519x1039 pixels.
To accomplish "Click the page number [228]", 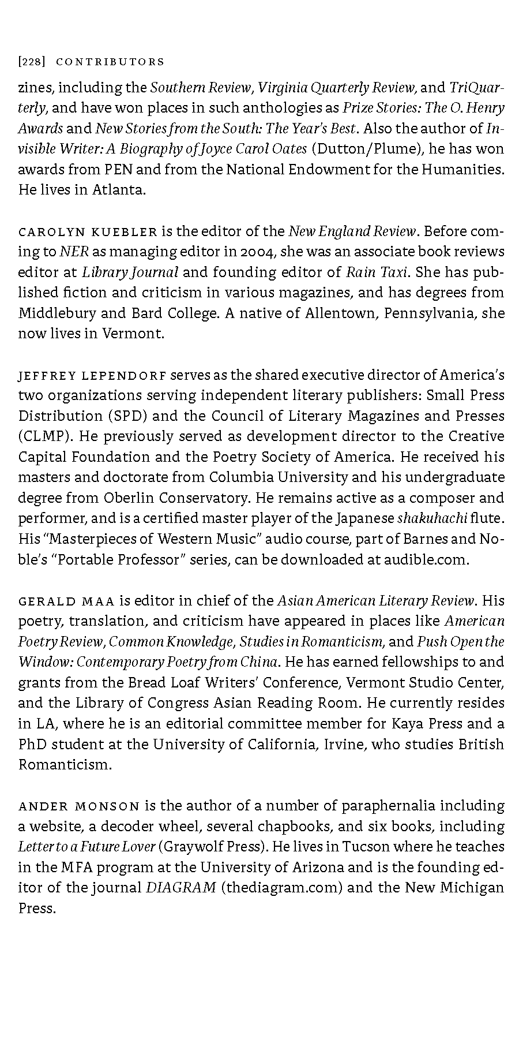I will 29,62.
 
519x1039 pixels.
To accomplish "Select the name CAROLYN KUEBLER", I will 88,232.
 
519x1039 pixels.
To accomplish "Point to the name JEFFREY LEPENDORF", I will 92,376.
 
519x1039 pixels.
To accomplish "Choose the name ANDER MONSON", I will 79,806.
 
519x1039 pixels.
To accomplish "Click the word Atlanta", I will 118,190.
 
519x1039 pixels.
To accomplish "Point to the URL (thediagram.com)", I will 282,888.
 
